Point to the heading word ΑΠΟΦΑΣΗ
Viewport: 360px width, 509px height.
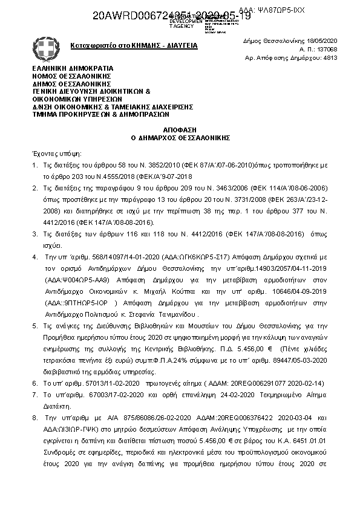180,130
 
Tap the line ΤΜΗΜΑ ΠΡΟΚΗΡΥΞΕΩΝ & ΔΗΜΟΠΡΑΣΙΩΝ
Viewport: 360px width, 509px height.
100,113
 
